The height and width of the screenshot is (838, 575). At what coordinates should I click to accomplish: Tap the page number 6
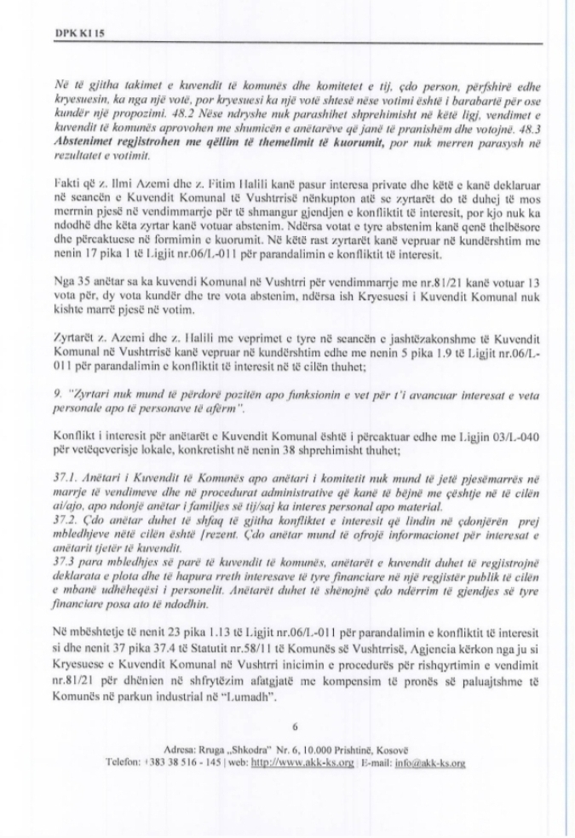click(295, 726)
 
